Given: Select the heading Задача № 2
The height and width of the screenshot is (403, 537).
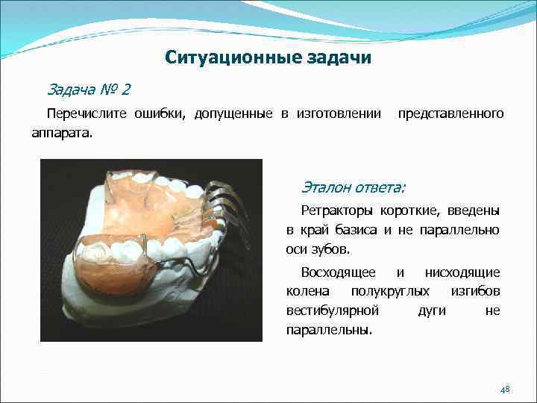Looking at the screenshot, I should (x=88, y=90).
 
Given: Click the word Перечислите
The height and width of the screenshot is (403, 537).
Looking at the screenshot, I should (x=85, y=114).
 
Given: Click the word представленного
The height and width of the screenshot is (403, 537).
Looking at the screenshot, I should (x=450, y=114).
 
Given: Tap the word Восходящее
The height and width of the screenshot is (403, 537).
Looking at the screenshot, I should (x=338, y=272).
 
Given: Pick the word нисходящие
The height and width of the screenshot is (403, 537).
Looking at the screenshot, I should (x=462, y=272).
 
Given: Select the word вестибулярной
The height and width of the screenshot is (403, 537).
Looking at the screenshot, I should (x=333, y=310).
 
